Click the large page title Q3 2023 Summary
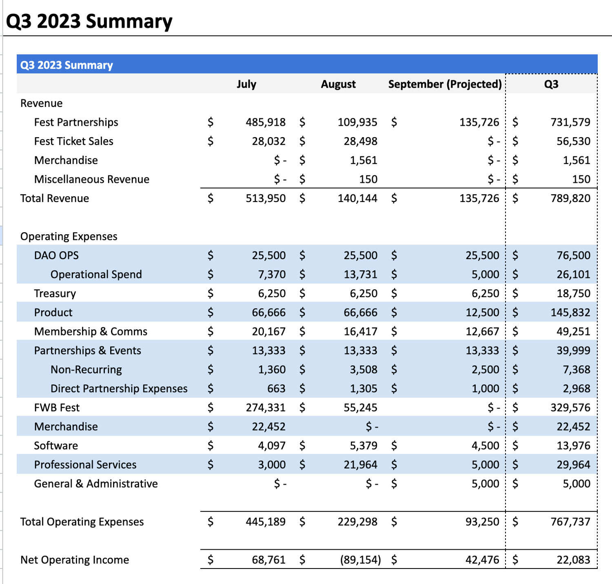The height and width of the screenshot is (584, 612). point(89,21)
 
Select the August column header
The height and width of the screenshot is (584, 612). point(338,84)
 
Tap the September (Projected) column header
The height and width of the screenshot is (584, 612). point(445,84)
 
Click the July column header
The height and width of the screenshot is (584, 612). point(246,84)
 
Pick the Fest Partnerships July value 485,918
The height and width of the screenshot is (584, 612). point(265,122)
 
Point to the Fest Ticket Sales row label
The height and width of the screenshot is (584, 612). point(74,141)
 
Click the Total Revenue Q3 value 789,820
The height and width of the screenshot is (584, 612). point(570,198)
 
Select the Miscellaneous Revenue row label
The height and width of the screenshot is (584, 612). point(92,179)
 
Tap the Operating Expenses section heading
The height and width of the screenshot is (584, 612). point(69,236)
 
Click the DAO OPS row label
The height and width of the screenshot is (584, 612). point(56,255)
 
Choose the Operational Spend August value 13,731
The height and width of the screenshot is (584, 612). point(360,274)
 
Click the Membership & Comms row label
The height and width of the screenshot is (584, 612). point(91,331)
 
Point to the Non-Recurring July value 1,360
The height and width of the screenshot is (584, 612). point(272,370)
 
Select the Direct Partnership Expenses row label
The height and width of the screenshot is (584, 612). point(119,389)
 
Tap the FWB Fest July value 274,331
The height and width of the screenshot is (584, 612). point(265,408)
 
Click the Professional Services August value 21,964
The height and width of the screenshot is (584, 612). point(360,465)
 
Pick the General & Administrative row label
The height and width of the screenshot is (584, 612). point(96,484)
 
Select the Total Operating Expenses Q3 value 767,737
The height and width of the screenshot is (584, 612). point(570,522)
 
